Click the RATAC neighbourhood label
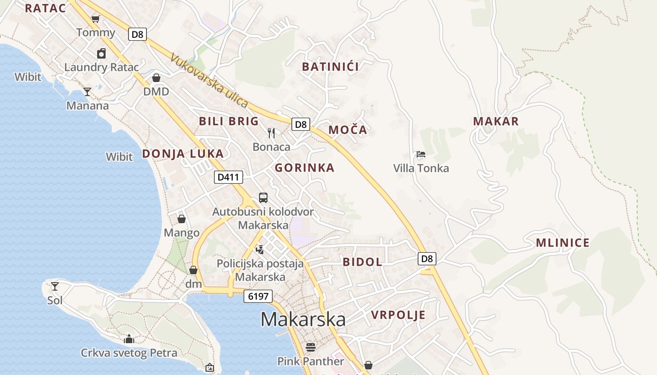click(x=45, y=8)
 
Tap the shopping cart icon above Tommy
click(x=96, y=19)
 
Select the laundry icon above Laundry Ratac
click(x=101, y=53)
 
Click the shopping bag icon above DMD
click(x=156, y=78)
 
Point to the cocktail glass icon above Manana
click(x=87, y=91)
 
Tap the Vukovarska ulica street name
click(x=209, y=81)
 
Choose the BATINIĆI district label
click(x=330, y=67)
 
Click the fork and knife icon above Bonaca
click(x=271, y=133)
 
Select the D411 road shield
click(x=229, y=177)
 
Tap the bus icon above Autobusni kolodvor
click(x=263, y=198)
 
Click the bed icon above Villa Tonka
click(x=421, y=154)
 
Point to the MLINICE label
click(x=563, y=243)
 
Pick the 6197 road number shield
click(x=258, y=296)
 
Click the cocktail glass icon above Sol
click(x=55, y=286)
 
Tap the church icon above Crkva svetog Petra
click(x=129, y=339)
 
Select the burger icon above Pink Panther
click(x=310, y=347)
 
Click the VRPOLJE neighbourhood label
click(x=398, y=315)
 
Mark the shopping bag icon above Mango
click(x=182, y=219)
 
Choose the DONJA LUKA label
click(x=183, y=154)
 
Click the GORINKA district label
click(x=305, y=168)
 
